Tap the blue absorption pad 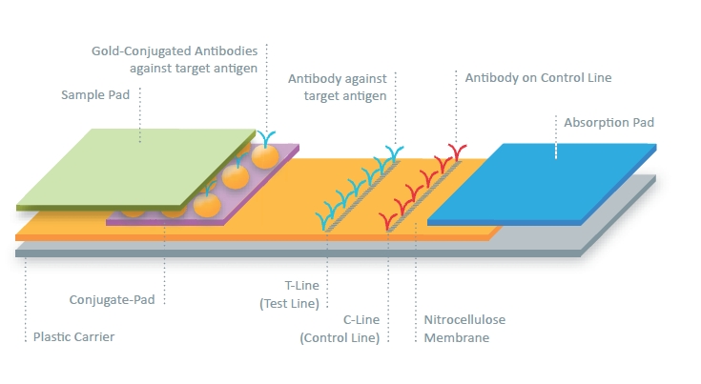[x=542, y=183]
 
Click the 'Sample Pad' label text [x=95, y=94]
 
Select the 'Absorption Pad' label [x=608, y=122]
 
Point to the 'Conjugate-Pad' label [x=113, y=299]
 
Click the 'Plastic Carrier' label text [x=73, y=336]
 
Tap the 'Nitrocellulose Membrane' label [x=464, y=329]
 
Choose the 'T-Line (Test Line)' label [x=290, y=294]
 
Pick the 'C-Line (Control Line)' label [x=340, y=329]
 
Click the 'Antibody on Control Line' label [x=538, y=78]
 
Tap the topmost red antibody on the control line [x=458, y=152]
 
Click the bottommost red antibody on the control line [x=387, y=221]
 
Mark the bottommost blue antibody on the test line [x=324, y=221]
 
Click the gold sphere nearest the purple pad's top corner [x=265, y=156]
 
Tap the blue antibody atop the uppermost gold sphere [x=266, y=138]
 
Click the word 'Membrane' [x=457, y=337]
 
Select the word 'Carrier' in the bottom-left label [x=94, y=336]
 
